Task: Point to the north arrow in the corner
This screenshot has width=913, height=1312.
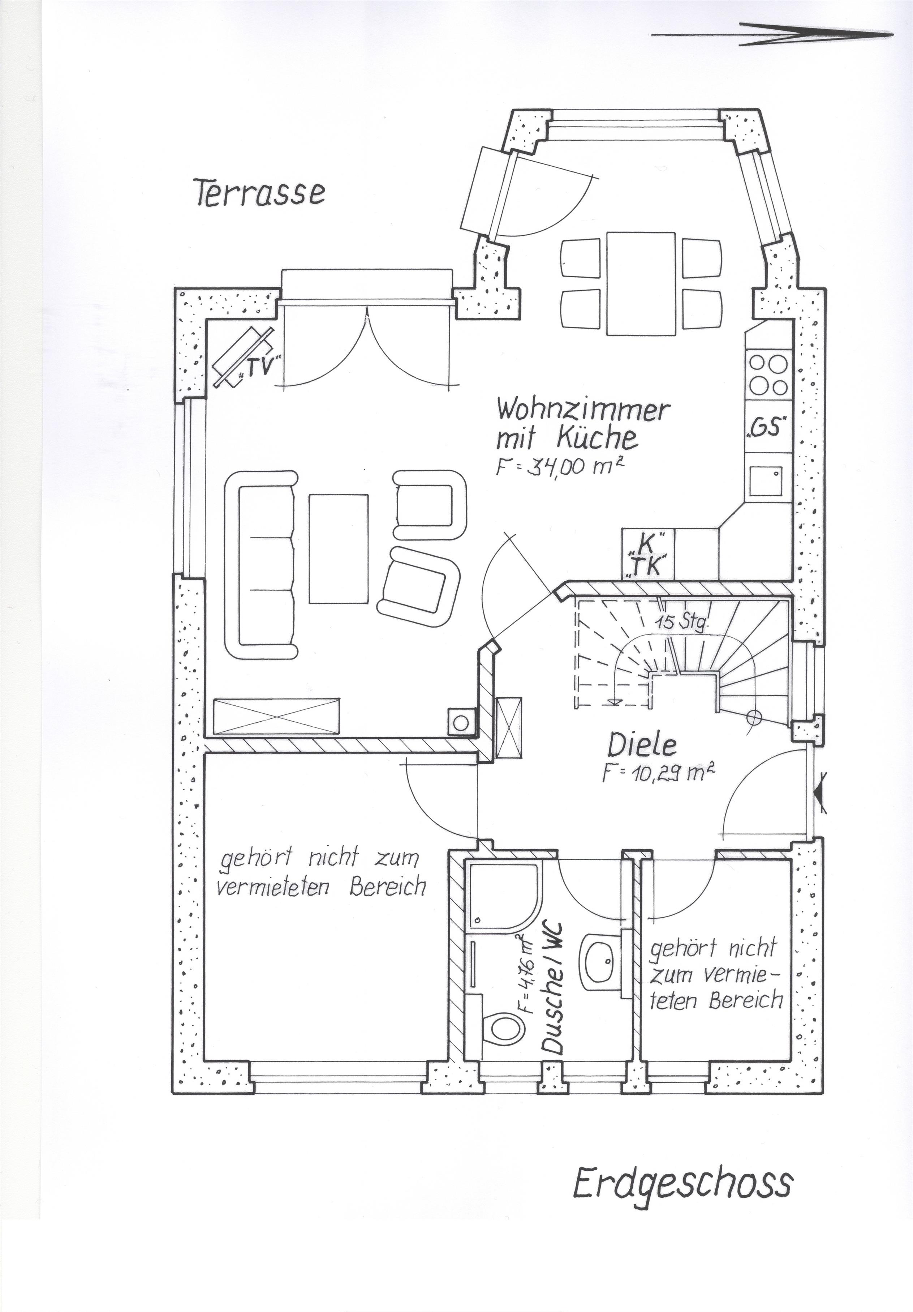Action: [x=772, y=34]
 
